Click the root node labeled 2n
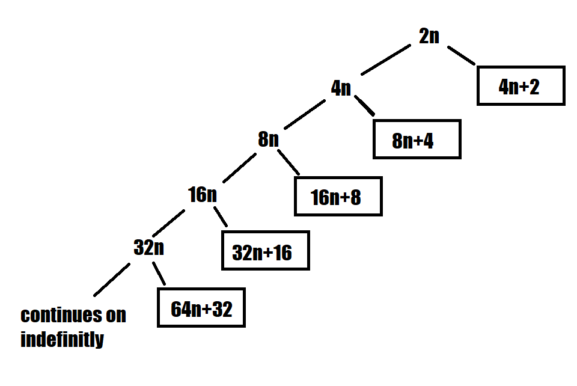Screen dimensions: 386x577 click(x=429, y=36)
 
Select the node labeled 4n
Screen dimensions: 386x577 click(x=341, y=88)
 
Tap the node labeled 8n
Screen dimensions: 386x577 click(x=268, y=140)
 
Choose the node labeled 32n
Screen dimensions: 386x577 click(x=148, y=247)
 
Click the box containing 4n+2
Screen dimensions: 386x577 click(x=521, y=86)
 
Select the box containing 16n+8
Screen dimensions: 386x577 click(x=338, y=196)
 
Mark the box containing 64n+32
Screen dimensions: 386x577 click(x=201, y=308)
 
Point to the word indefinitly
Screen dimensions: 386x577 click(x=62, y=340)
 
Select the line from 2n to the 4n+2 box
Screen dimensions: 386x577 click(x=462, y=55)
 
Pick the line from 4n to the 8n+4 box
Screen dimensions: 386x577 click(x=365, y=105)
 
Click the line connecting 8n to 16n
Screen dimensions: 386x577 click(x=240, y=167)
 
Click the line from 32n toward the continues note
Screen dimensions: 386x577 click(x=112, y=280)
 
